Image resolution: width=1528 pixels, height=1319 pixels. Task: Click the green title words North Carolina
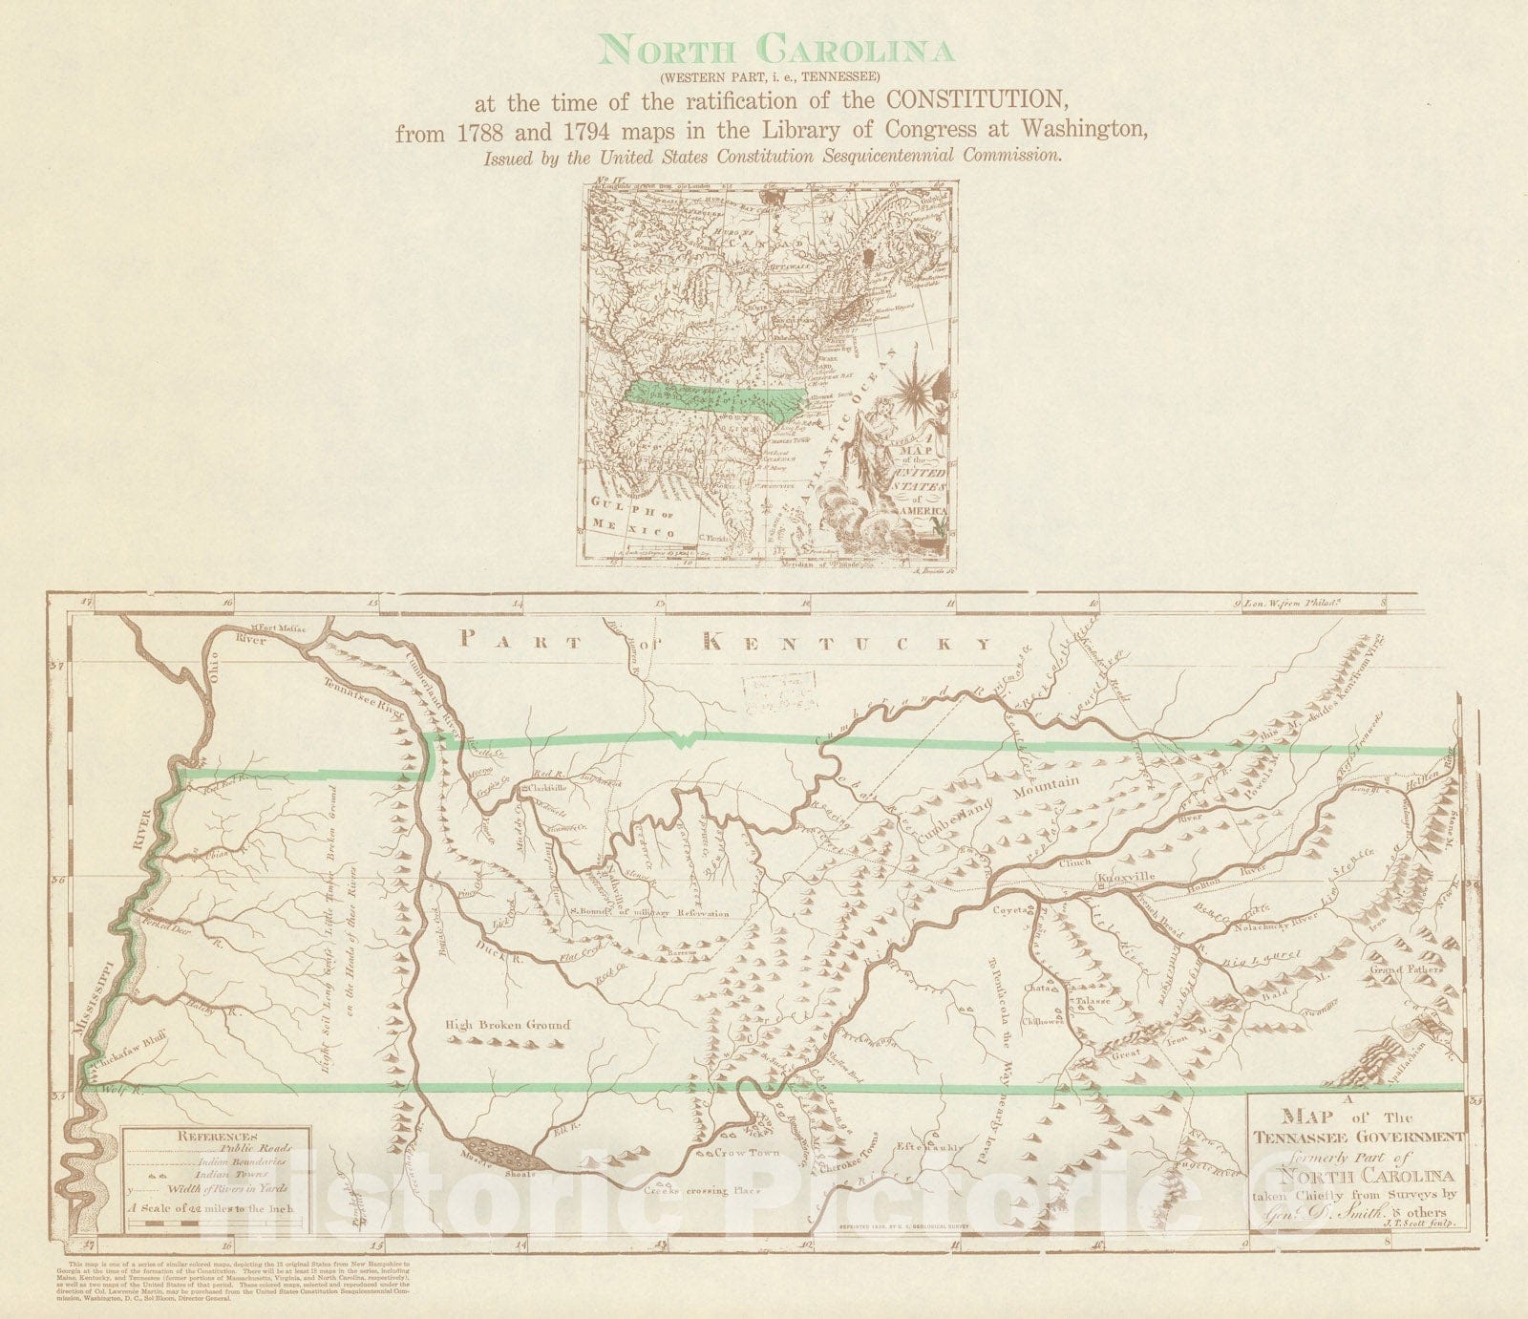(x=777, y=49)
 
